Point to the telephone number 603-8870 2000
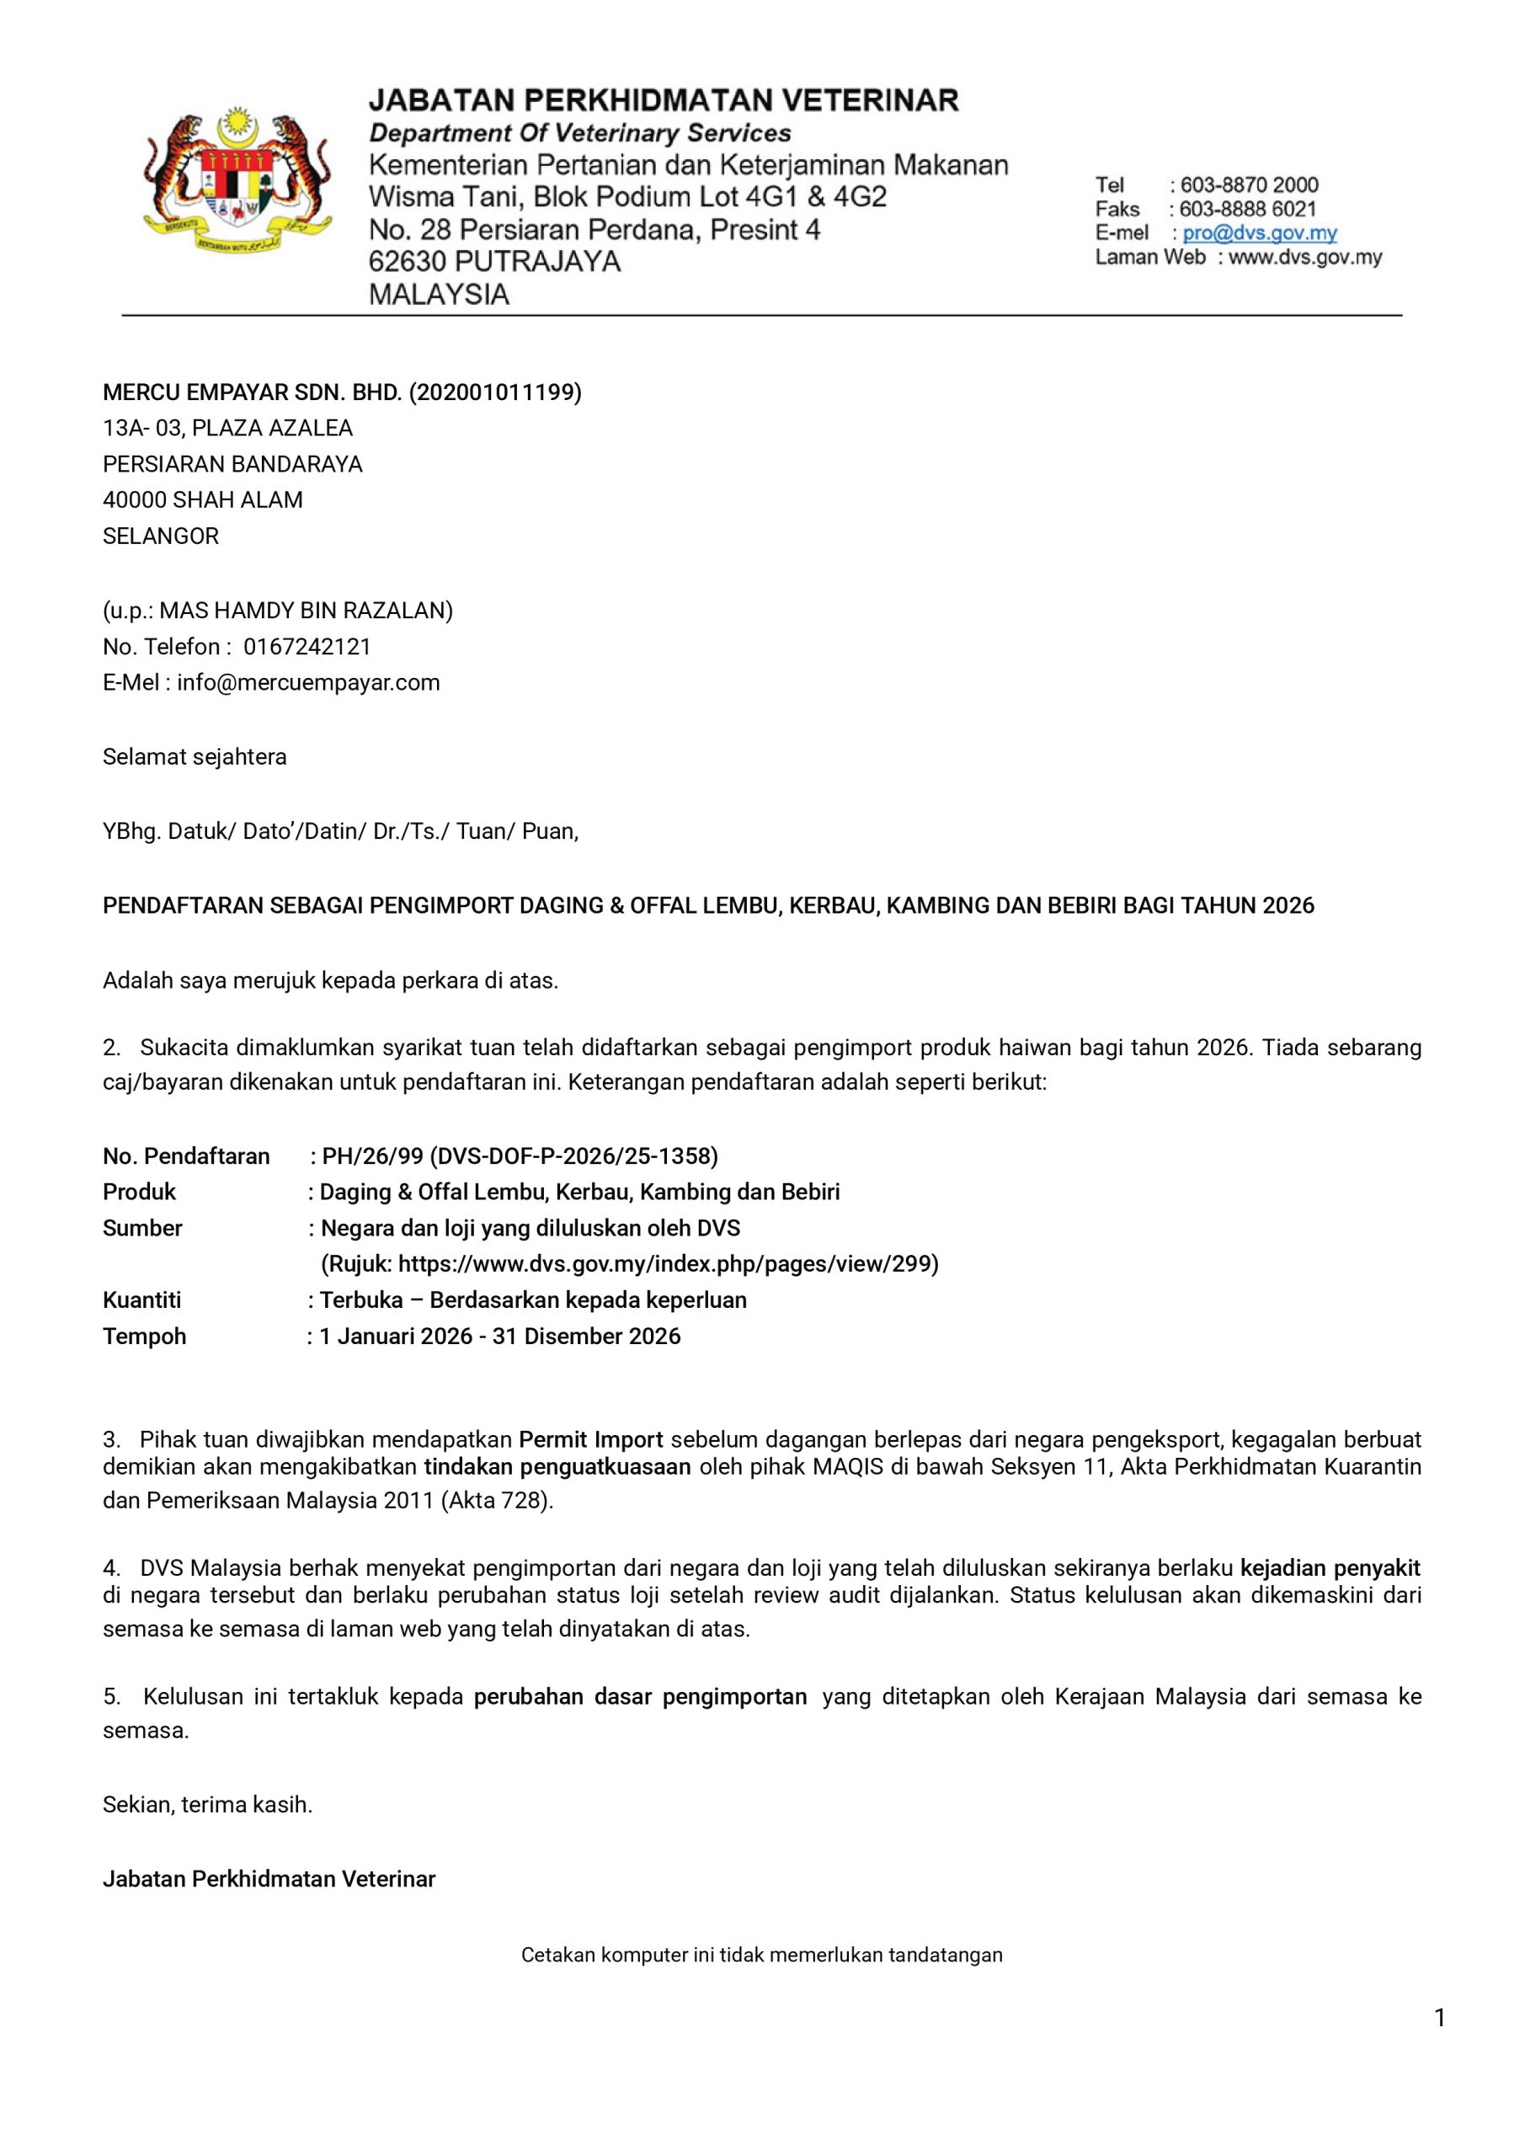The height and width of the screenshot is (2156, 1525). (x=1249, y=185)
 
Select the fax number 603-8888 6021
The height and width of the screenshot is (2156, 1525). (x=1248, y=210)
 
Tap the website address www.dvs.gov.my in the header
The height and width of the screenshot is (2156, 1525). (x=1305, y=258)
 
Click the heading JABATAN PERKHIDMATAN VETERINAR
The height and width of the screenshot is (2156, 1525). (x=663, y=100)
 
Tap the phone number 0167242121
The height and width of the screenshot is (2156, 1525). (x=307, y=647)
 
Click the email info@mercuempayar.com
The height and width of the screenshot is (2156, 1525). (x=308, y=683)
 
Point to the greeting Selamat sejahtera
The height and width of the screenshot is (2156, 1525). (x=195, y=757)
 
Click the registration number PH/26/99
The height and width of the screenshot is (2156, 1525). (x=372, y=1156)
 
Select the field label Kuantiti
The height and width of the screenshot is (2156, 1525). (x=141, y=1300)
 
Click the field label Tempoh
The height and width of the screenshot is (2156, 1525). (x=145, y=1337)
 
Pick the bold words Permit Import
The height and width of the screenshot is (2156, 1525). (x=590, y=1439)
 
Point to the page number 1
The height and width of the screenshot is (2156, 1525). (x=1440, y=2018)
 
